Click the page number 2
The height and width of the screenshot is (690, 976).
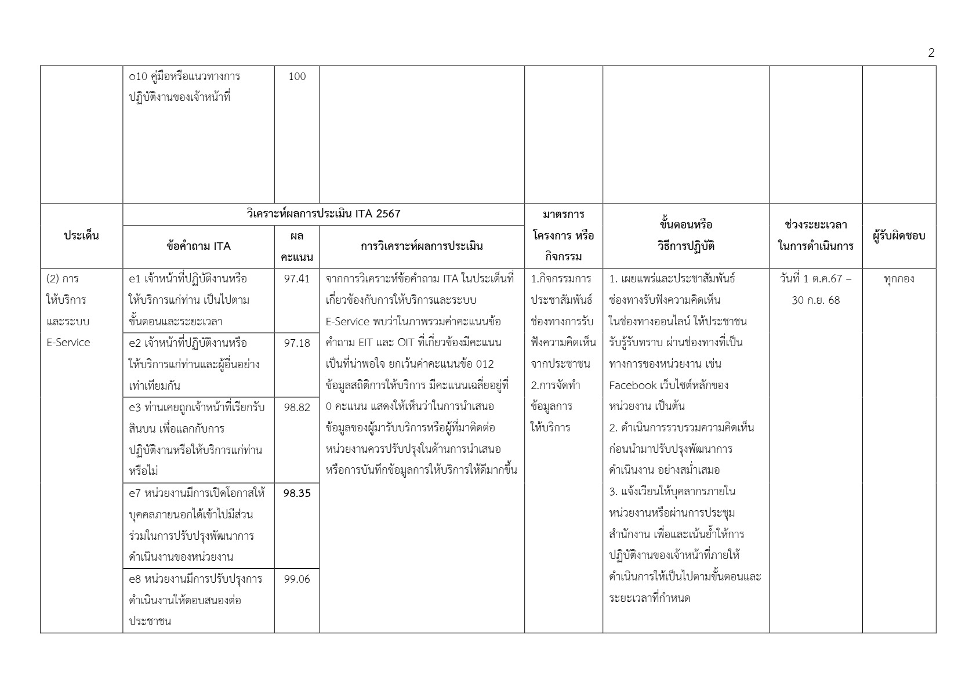pyautogui.click(x=931, y=53)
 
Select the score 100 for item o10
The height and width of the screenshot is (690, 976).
pyautogui.click(x=297, y=77)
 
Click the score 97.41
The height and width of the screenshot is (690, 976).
pyautogui.click(x=297, y=279)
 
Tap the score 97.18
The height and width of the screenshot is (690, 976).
pyautogui.click(x=297, y=343)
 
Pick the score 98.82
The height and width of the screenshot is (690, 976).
pyautogui.click(x=297, y=407)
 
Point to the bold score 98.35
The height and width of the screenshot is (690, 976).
pyautogui.click(x=297, y=493)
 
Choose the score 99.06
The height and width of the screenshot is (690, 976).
pyautogui.click(x=297, y=579)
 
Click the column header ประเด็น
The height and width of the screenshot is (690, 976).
pyautogui.click(x=81, y=235)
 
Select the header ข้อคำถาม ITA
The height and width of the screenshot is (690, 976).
pyautogui.click(x=198, y=246)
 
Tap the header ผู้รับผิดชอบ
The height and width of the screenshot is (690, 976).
pyautogui.click(x=898, y=235)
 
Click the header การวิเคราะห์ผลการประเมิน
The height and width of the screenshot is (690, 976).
pyautogui.click(x=422, y=246)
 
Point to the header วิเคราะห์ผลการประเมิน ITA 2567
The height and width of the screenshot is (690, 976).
pyautogui.click(x=323, y=214)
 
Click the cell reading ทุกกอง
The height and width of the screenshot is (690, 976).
pyautogui.click(x=899, y=279)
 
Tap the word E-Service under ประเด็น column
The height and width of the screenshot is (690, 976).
pyautogui.click(x=68, y=343)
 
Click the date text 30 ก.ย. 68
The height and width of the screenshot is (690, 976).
pyautogui.click(x=815, y=300)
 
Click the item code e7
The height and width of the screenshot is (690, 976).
pyautogui.click(x=135, y=493)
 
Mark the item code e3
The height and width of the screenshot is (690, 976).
pyautogui.click(x=135, y=407)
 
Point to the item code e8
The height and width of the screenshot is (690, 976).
pyautogui.click(x=135, y=579)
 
